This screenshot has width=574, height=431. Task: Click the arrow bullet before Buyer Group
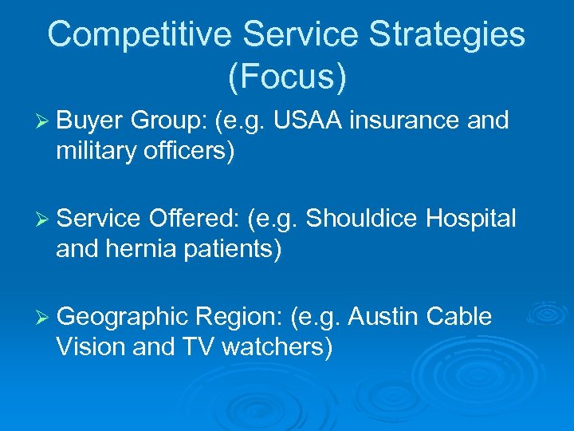44,121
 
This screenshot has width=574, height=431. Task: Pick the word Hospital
471,218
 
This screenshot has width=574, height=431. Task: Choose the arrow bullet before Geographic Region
44,317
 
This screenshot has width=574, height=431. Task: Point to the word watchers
276,346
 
